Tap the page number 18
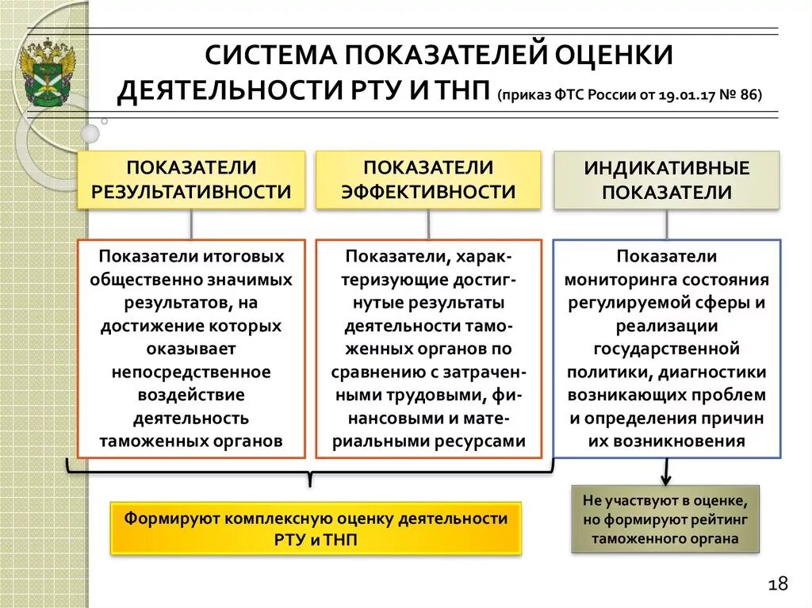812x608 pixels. tap(777, 585)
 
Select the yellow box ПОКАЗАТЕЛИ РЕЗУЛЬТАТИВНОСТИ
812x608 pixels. tap(191, 180)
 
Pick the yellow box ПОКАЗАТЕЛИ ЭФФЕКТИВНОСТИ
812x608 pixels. tap(428, 180)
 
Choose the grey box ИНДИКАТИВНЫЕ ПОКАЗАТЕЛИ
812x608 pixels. tap(666, 181)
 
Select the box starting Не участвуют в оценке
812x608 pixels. tap(665, 519)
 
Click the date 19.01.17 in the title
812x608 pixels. tap(692, 94)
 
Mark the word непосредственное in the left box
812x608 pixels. tap(191, 372)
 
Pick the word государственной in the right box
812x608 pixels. tap(666, 349)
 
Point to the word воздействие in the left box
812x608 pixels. tap(191, 395)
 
